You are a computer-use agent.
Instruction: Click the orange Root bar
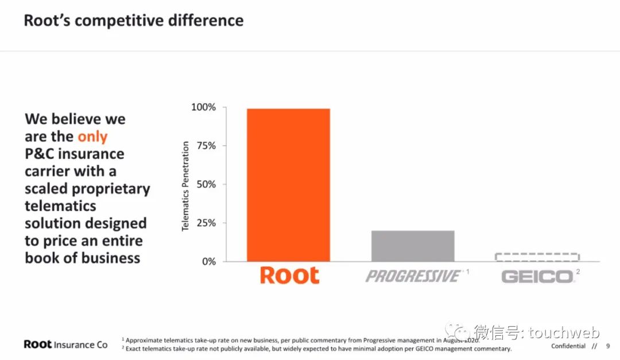coord(288,185)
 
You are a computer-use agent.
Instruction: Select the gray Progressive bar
coord(413,246)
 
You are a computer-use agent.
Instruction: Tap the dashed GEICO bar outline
coord(537,257)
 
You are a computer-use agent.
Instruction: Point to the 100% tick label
coord(203,107)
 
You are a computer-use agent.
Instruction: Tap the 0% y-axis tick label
coord(208,261)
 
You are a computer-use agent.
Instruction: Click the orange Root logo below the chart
coord(289,275)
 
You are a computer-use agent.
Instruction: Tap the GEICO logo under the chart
coord(537,277)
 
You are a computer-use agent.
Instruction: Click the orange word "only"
coord(92,137)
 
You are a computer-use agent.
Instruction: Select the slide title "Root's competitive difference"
coord(133,21)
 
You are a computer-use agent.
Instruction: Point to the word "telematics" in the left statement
coord(60,206)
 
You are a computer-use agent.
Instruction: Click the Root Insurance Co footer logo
coord(65,344)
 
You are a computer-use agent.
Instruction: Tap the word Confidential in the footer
coord(568,346)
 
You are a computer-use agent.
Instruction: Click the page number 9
coord(608,346)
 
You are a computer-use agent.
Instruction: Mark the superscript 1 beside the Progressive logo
coord(467,270)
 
